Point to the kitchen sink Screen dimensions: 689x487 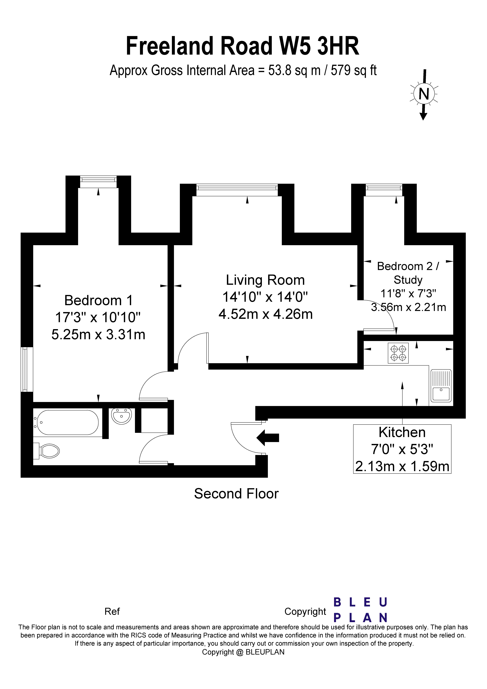[441, 386]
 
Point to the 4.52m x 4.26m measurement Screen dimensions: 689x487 [265, 314]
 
